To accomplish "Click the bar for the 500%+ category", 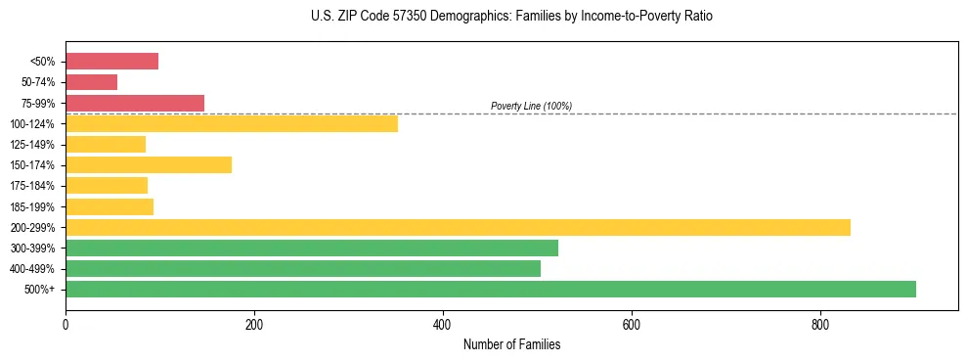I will (490, 289).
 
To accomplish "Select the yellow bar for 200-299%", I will (458, 227).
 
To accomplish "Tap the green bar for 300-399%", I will (311, 248).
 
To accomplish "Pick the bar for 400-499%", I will (302, 268).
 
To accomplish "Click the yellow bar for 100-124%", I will (231, 123).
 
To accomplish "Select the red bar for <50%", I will (111, 62).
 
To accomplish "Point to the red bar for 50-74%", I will (91, 82).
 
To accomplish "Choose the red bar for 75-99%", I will (134, 103).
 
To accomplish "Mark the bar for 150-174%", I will (148, 164).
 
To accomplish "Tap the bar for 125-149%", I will (105, 144).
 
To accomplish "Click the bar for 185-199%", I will (109, 206).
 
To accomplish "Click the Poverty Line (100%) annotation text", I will (531, 106).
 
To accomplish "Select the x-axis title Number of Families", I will (511, 344).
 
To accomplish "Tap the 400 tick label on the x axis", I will (442, 324).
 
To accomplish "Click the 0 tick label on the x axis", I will (66, 324).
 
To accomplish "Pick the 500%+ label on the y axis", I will (41, 290).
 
